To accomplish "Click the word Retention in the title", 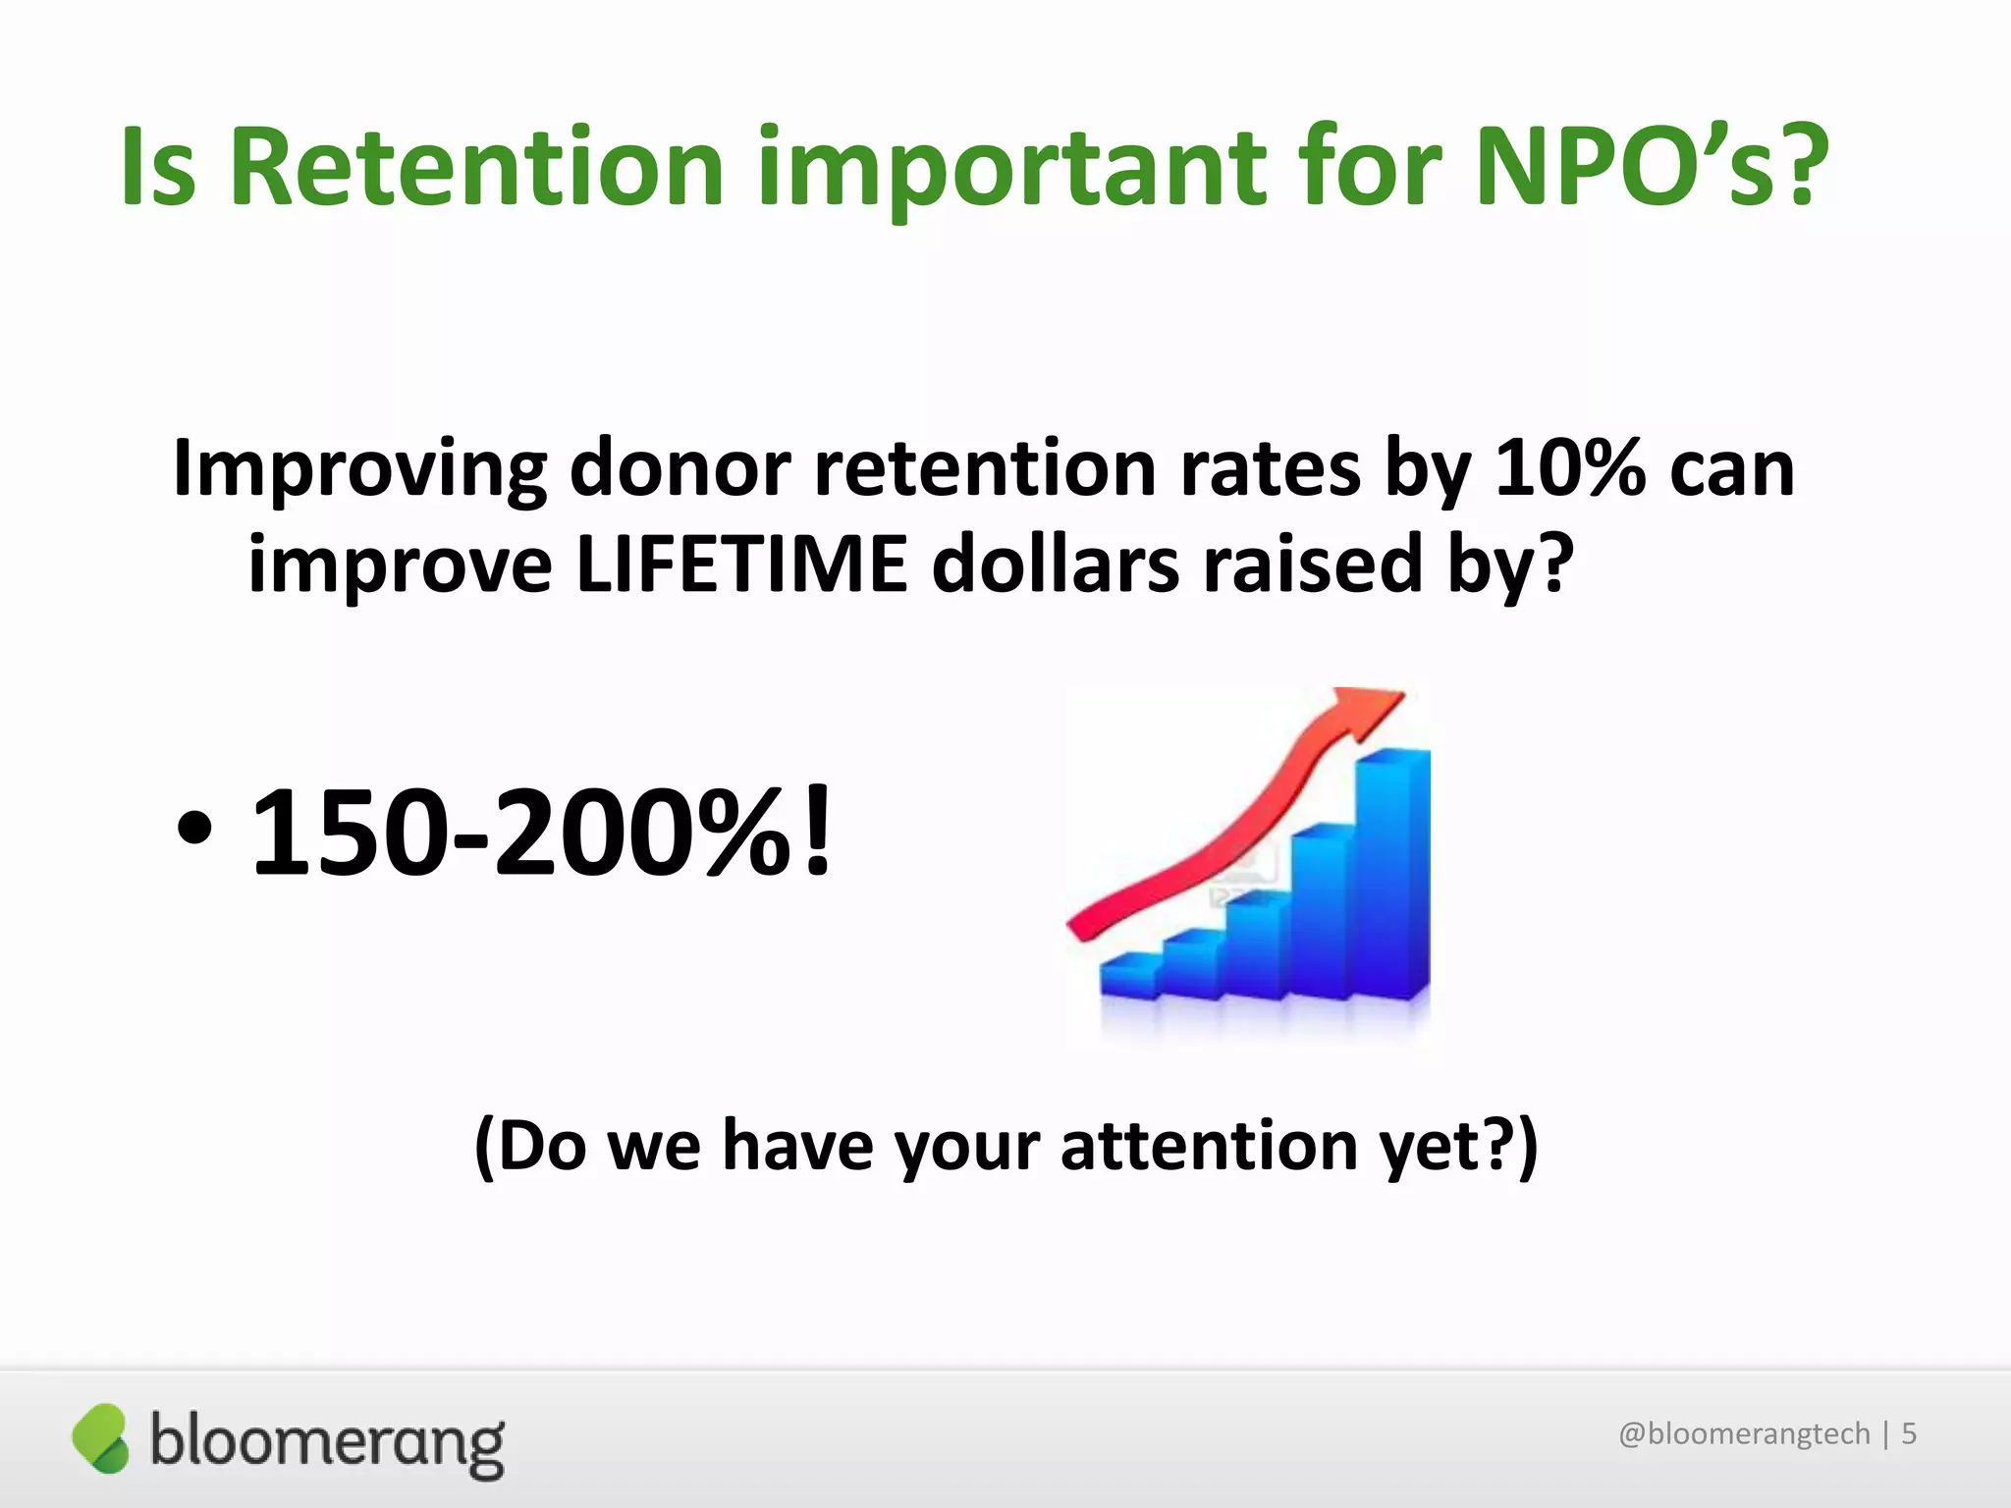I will [x=476, y=167].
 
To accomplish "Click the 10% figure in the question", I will [x=1569, y=468].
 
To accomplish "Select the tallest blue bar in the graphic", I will [x=1392, y=874].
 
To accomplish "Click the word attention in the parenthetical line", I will [x=1209, y=1146].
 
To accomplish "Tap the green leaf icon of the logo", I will [x=101, y=1438].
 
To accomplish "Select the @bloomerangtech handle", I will [x=1744, y=1433].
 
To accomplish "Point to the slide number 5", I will [x=1909, y=1433].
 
